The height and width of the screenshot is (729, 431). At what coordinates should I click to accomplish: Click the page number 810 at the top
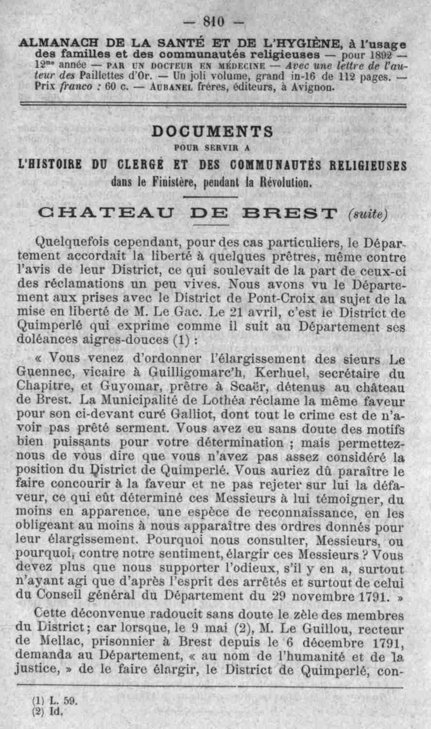pyautogui.click(x=214, y=22)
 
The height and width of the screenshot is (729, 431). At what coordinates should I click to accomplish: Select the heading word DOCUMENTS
pyautogui.click(x=212, y=132)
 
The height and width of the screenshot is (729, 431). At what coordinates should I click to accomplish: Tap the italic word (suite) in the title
pyautogui.click(x=367, y=214)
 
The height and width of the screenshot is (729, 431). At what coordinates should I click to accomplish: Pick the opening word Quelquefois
pyautogui.click(x=71, y=242)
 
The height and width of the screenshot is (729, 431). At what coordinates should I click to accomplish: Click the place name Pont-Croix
pyautogui.click(x=281, y=298)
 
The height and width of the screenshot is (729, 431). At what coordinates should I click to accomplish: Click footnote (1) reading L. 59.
pyautogui.click(x=55, y=701)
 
